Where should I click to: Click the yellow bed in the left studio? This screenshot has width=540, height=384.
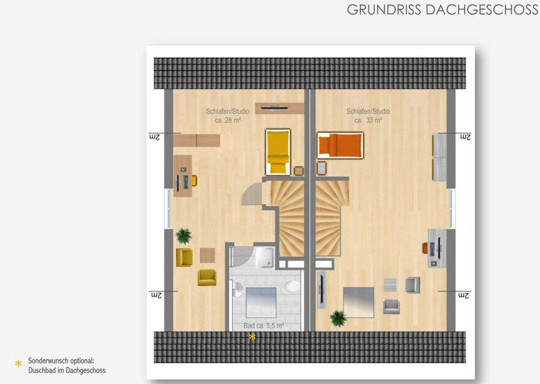pos(278,152)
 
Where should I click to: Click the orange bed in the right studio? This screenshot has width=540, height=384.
pos(341,145)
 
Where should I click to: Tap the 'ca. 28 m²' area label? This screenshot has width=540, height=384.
pos(228,120)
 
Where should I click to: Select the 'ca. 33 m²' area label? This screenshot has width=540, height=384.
pos(368,120)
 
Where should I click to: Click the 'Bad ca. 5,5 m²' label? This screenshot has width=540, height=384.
pos(264,326)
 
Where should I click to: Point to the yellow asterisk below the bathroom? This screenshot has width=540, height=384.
pos(253,337)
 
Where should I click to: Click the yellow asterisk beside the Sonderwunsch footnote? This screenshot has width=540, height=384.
pos(18,364)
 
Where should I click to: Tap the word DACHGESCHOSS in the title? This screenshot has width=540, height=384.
pos(482,10)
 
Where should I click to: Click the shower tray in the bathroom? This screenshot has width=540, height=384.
pos(265,257)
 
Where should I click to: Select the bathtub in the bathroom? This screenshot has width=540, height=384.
pos(261,303)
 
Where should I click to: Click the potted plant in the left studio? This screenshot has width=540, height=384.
pos(184,236)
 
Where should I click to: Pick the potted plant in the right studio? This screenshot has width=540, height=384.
pos(338,318)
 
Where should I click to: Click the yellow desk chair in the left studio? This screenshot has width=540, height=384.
pos(194,180)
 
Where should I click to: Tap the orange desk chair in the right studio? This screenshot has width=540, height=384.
pos(425,248)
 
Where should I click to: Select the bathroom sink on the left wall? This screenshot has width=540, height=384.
pos(237,289)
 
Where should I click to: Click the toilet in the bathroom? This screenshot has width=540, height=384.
pos(292,286)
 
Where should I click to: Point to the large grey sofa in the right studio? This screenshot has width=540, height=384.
pos(359,303)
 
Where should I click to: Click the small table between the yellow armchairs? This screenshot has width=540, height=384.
pos(207,255)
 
